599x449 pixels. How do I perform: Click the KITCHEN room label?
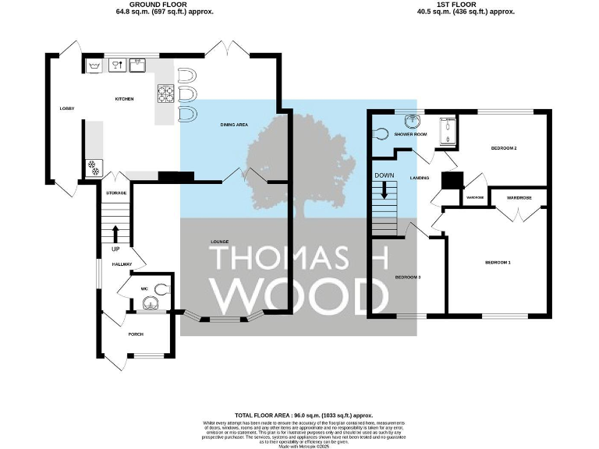click(124, 99)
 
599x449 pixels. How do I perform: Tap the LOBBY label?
click(67, 109)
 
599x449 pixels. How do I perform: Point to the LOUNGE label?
click(219, 242)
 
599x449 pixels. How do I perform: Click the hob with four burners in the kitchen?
click(166, 94)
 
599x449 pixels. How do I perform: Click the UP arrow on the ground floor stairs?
click(116, 232)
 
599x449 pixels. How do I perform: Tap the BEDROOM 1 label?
click(498, 263)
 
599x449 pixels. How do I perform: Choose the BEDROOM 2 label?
click(504, 147)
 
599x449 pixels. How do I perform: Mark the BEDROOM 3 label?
click(407, 277)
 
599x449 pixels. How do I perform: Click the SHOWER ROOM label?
click(410, 134)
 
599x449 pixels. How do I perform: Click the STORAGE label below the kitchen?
click(116, 192)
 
